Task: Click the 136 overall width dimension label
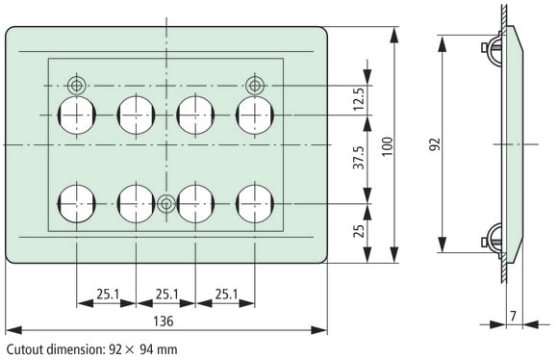[x=164, y=321]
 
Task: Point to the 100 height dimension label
[x=387, y=146]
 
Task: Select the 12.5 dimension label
[x=360, y=98]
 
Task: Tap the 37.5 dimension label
[x=360, y=158]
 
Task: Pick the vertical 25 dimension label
[x=360, y=231]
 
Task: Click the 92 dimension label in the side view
[x=435, y=144]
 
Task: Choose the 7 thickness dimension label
[x=513, y=316]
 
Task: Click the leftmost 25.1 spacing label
[x=108, y=295]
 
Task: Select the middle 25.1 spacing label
[x=166, y=295]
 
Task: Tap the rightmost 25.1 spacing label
[x=226, y=295]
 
